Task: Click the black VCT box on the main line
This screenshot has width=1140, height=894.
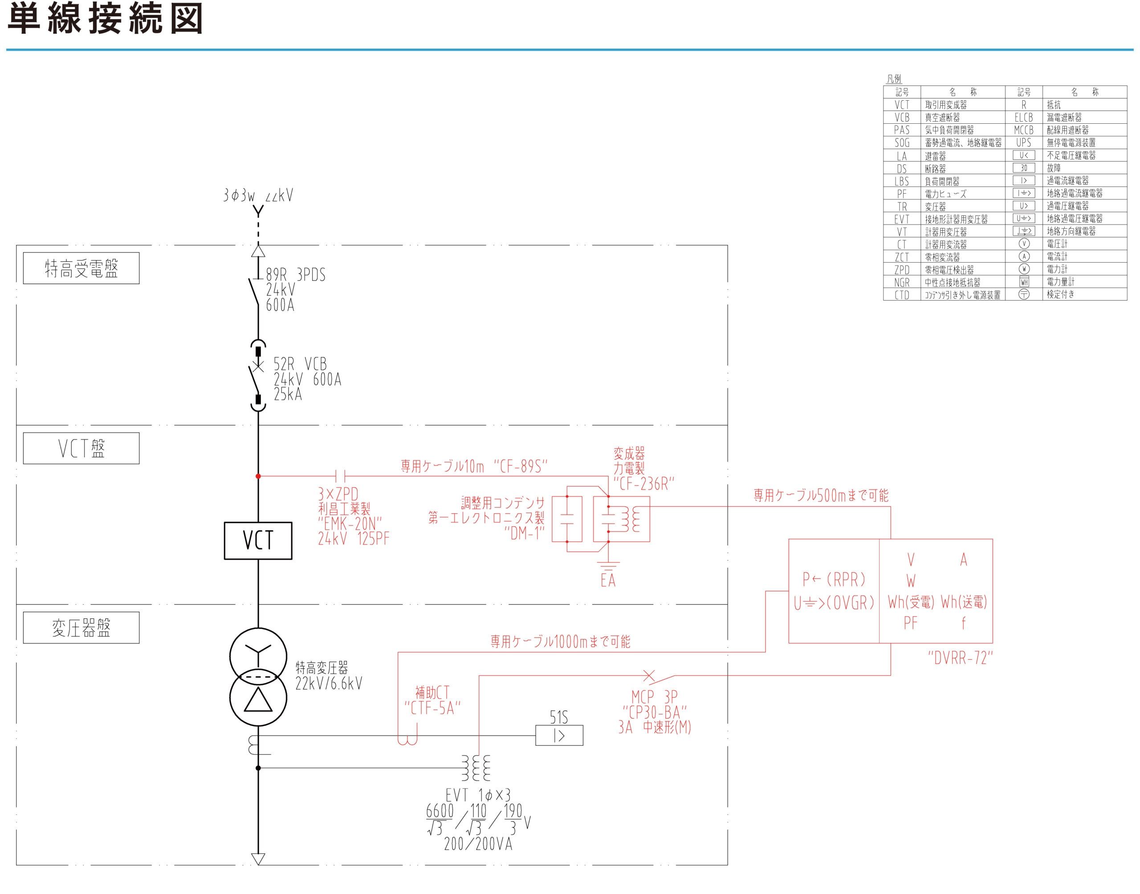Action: coord(258,540)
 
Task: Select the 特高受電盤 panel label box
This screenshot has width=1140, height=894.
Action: coord(81,268)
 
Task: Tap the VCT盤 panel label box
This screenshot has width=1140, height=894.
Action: coord(81,448)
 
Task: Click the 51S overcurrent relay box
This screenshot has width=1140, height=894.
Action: coord(558,736)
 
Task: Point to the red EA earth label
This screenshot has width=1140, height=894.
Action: coord(608,581)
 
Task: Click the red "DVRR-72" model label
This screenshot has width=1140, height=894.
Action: coord(960,658)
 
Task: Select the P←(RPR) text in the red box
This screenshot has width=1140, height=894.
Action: coord(834,579)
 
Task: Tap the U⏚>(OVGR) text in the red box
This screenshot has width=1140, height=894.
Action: coord(834,603)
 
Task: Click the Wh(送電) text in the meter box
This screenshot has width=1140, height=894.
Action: coord(964,602)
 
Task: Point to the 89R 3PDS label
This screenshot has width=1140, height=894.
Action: coord(295,275)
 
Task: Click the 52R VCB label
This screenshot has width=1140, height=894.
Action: coord(300,364)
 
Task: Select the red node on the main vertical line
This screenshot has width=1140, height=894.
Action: coord(258,476)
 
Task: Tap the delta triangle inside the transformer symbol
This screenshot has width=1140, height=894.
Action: coord(258,700)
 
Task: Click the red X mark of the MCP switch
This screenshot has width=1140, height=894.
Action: coord(648,676)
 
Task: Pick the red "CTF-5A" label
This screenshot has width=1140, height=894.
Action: coord(432,708)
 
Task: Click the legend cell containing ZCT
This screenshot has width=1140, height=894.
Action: coord(901,257)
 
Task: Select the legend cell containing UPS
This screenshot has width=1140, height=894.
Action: coord(1023,142)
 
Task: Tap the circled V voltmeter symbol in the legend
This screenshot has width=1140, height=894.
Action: coord(1024,244)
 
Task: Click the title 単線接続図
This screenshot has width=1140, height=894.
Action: coord(105,19)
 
